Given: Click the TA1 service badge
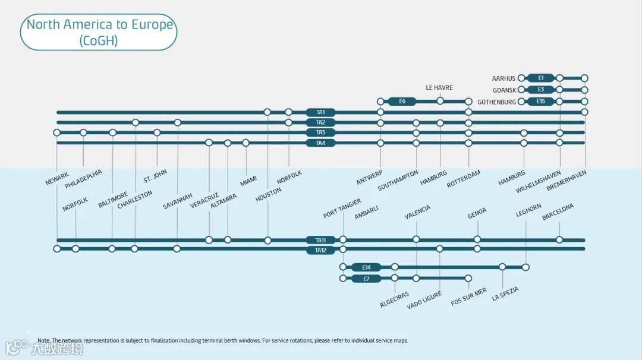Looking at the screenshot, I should [320, 112].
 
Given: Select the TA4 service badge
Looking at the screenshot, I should [320, 143].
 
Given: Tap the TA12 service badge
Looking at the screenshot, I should [320, 250].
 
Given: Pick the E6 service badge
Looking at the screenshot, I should [402, 102].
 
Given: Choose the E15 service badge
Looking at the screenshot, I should [540, 102].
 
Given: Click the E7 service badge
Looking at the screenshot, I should [366, 278].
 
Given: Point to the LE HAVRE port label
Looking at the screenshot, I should [439, 88].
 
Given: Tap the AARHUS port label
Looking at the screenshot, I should [503, 78].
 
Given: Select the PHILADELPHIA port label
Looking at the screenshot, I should [84, 179].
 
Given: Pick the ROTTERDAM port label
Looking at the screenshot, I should [464, 179].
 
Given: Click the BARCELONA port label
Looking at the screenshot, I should [558, 212].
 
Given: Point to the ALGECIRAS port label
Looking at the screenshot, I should [395, 299].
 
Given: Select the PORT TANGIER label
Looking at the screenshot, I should [342, 209].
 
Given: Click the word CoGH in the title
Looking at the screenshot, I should [99, 40].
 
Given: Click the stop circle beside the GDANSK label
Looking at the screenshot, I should [521, 90].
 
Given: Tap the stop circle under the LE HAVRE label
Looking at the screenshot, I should [440, 101].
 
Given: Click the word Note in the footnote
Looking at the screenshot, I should [44, 340].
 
